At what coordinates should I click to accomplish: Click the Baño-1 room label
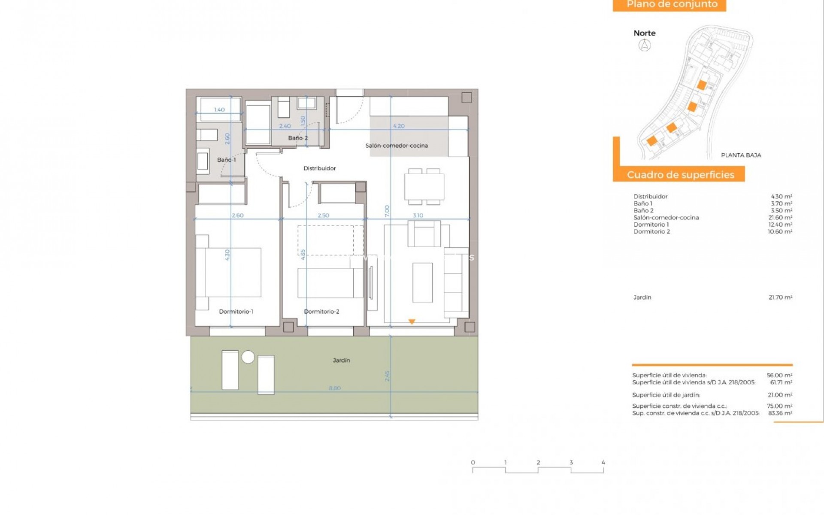click(226, 160)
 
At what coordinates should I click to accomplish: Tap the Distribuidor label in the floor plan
click(320, 168)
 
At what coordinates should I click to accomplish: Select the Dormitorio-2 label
click(321, 312)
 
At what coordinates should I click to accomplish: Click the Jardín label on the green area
click(341, 360)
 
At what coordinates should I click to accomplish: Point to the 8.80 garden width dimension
click(334, 388)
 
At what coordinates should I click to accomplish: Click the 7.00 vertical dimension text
click(387, 210)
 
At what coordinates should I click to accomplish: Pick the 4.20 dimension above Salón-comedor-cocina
click(399, 126)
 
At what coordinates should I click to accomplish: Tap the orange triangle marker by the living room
click(412, 321)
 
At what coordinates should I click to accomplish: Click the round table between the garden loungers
click(248, 357)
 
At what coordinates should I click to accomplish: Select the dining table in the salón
click(424, 187)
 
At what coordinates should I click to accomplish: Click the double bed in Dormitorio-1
click(232, 272)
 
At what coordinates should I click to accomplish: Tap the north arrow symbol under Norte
click(645, 45)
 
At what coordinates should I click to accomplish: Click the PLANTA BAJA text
click(741, 155)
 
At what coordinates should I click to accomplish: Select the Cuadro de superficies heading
click(680, 175)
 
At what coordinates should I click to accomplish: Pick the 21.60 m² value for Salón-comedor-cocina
click(780, 218)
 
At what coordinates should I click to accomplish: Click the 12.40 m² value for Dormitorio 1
click(780, 224)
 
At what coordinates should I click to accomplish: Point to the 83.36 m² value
click(780, 413)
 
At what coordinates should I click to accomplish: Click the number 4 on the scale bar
click(603, 463)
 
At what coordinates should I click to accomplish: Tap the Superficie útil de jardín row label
click(666, 395)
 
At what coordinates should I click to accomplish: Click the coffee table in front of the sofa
click(422, 283)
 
